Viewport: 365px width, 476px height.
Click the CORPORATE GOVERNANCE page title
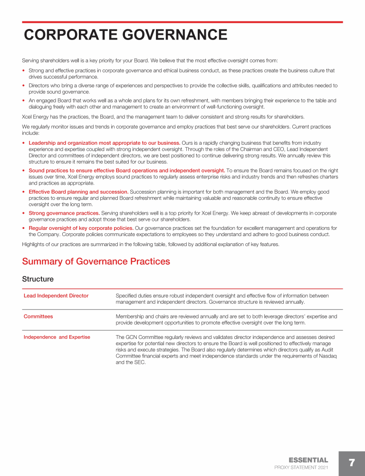(125, 35)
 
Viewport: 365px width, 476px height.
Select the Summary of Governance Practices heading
(96, 261)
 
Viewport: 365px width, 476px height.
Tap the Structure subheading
(38, 279)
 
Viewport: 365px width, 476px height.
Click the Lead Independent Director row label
(56, 296)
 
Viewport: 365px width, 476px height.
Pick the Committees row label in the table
(38, 316)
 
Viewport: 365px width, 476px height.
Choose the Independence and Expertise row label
(57, 337)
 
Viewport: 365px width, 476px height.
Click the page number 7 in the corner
(352, 463)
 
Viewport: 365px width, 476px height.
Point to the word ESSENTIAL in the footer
(308, 460)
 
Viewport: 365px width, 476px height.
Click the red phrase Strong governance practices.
(64, 213)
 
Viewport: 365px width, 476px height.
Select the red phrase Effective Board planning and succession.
(78, 192)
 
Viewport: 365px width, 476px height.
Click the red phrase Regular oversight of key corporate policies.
(81, 228)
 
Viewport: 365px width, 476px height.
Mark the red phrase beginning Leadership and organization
(104, 143)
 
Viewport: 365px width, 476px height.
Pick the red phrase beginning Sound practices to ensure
(126, 170)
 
